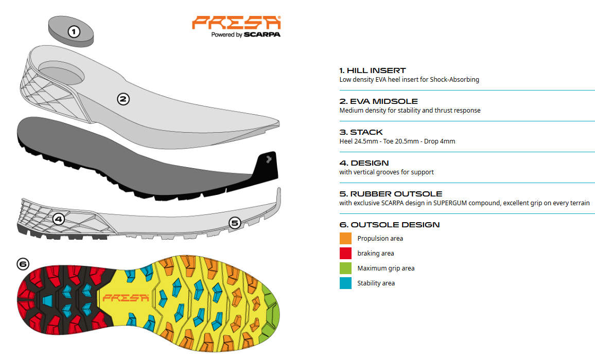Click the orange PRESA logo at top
coord(236,23)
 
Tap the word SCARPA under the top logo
coord(262,34)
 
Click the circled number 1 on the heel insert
coord(74,31)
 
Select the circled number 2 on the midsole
coord(123,99)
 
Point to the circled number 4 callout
coord(58,219)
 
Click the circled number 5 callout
coord(235,223)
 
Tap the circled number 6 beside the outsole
coord(23,264)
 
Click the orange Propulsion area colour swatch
coord(345,238)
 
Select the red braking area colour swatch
coord(345,253)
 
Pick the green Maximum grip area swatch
coord(345,268)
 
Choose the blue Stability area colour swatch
coord(345,283)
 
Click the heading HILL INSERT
coord(376,70)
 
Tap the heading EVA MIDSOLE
coord(383,101)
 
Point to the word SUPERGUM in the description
coord(450,203)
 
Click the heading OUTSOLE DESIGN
coord(395,225)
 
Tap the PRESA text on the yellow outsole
coord(126,298)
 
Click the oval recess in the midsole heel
coord(61,73)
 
